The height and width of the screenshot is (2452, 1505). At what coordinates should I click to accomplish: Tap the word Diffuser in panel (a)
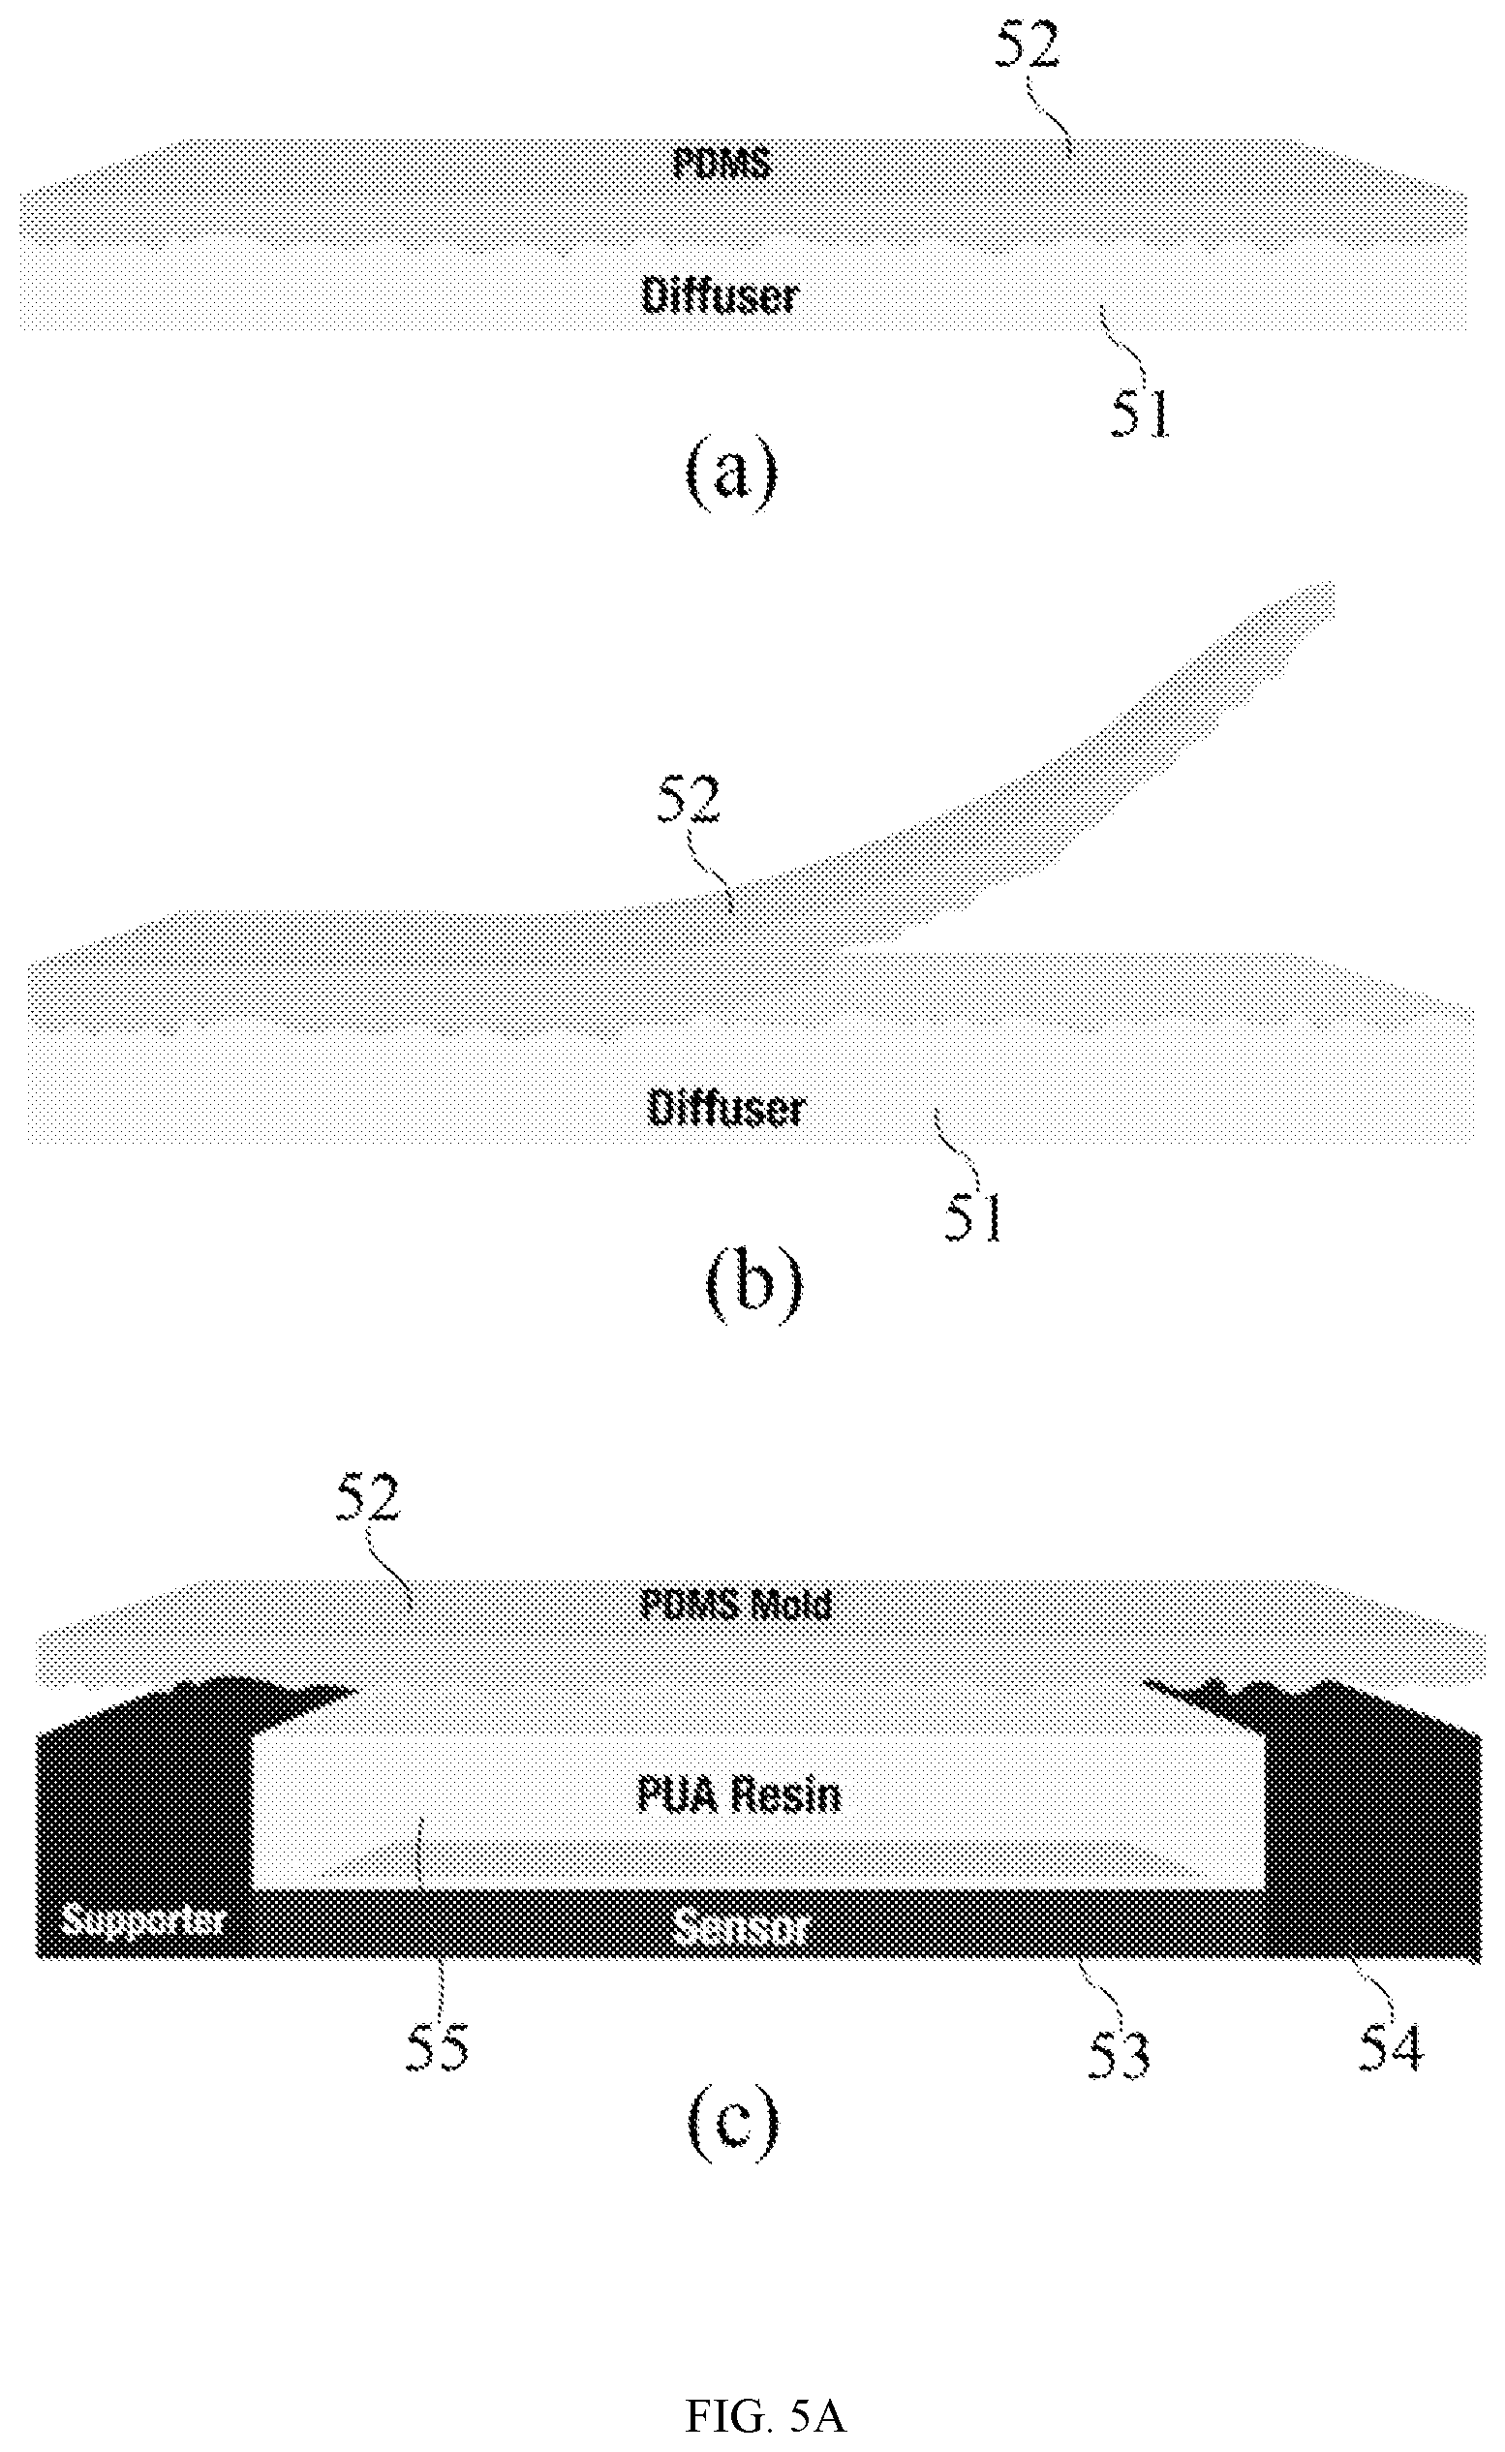(x=720, y=295)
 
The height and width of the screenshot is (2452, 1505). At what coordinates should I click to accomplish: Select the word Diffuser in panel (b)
(x=725, y=1108)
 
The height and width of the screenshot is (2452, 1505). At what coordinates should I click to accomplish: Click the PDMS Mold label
(x=736, y=1604)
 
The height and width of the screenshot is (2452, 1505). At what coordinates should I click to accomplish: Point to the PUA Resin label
(x=739, y=1794)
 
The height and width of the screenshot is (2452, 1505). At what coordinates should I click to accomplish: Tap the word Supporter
(x=143, y=1919)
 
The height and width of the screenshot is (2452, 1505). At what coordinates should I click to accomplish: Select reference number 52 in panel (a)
(x=1029, y=45)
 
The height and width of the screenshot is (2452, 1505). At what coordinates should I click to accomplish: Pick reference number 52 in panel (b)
(x=687, y=800)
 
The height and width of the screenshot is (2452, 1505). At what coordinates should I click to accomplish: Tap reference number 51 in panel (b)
(x=972, y=1217)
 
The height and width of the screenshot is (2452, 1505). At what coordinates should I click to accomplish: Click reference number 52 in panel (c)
(x=367, y=1499)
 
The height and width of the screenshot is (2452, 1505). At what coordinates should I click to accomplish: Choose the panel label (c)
(x=731, y=2127)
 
